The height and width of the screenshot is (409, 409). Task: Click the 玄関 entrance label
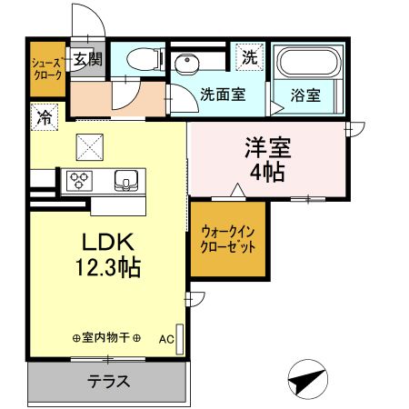pos(88,60)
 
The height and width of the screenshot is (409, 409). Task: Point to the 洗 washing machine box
pos(249,56)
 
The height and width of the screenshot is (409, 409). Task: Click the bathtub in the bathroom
pos(307,63)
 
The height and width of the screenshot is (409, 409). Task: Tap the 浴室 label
pos(304,95)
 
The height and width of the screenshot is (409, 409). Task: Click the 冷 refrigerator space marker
pos(43,116)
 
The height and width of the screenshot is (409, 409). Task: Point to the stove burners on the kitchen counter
pos(77,180)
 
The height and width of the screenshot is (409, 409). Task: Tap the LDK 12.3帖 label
pos(109,255)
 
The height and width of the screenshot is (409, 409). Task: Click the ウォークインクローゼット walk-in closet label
pos(227,239)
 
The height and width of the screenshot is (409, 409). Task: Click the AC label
pos(166,339)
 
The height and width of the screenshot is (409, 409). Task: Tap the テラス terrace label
pos(108,382)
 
